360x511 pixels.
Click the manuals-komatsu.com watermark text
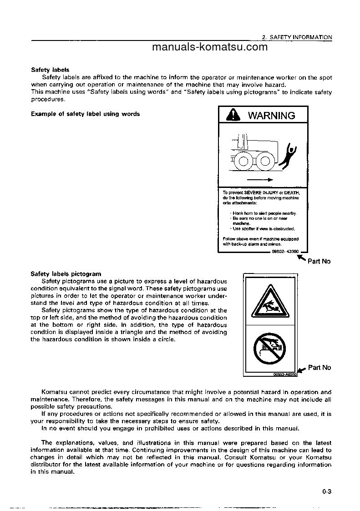(x=210, y=48)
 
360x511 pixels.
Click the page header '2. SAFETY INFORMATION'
(x=297, y=37)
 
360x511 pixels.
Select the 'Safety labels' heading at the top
(x=50, y=70)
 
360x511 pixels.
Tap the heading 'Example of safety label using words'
(x=85, y=114)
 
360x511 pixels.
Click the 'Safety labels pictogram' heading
(x=66, y=274)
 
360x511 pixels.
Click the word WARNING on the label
(x=271, y=116)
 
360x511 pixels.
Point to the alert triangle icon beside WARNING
(x=233, y=116)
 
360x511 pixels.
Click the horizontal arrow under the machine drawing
(x=263, y=179)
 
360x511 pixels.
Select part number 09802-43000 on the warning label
(x=285, y=251)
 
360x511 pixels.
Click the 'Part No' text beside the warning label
(x=319, y=261)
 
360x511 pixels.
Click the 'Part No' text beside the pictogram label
(x=319, y=368)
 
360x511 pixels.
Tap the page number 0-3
(x=326, y=491)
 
